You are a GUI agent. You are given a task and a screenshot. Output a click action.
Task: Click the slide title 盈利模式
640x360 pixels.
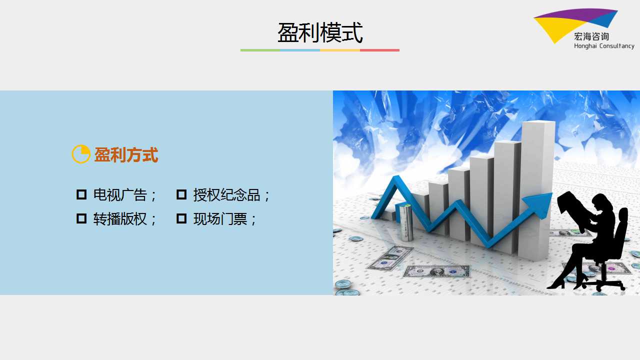(x=320, y=33)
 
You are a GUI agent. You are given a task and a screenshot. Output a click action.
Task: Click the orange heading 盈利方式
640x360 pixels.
(x=126, y=155)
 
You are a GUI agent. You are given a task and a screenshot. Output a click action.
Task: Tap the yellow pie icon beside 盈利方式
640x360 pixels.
(x=81, y=154)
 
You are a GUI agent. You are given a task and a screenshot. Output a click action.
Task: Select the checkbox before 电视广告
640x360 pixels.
(x=81, y=194)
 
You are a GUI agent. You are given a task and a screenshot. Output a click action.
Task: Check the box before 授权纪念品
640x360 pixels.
(x=181, y=194)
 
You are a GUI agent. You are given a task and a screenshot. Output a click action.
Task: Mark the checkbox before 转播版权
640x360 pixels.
(x=81, y=218)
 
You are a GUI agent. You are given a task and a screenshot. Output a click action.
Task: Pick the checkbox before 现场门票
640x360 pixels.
(x=181, y=218)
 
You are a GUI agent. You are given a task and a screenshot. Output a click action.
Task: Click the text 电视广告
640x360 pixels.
(x=120, y=195)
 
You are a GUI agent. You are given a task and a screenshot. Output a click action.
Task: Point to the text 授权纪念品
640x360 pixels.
(x=226, y=195)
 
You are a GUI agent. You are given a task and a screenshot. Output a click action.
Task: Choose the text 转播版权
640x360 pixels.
(x=120, y=219)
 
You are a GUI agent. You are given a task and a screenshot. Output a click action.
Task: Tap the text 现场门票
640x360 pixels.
(x=220, y=219)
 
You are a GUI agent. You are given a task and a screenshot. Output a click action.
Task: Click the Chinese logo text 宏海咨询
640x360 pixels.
(x=591, y=36)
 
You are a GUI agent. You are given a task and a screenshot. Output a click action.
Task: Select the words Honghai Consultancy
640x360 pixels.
(x=604, y=46)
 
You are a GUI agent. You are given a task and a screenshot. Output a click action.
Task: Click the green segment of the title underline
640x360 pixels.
(x=260, y=50)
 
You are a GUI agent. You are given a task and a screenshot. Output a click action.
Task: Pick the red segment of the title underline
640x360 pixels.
(x=379, y=50)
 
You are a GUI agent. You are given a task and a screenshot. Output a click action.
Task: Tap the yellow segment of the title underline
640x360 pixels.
(x=340, y=50)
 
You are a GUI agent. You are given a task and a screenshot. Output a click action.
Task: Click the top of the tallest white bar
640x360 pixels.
(x=538, y=123)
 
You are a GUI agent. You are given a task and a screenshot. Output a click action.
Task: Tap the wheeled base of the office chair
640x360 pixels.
(x=600, y=284)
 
